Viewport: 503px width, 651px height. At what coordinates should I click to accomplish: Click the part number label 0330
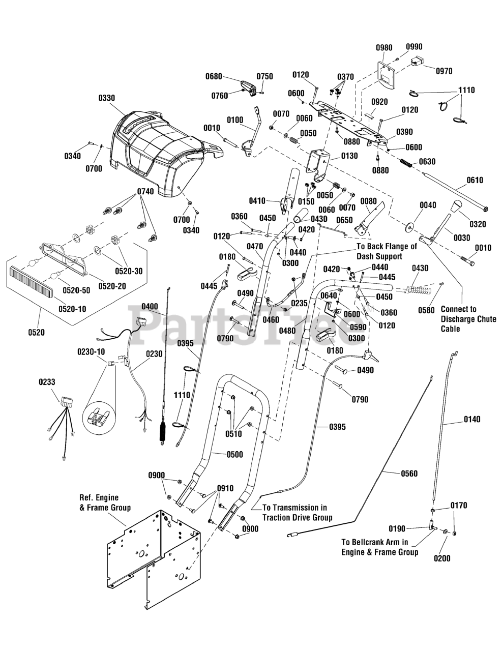tap(106, 98)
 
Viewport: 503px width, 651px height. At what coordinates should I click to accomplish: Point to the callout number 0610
tap(475, 180)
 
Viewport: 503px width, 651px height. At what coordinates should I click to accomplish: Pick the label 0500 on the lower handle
tap(234, 455)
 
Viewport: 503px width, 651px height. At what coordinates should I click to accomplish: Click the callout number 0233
tap(47, 382)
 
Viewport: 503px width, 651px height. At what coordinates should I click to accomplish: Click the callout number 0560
tap(409, 474)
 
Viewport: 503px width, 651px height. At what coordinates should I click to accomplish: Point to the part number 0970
tap(444, 71)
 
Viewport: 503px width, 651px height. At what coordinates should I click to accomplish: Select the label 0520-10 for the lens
tap(72, 309)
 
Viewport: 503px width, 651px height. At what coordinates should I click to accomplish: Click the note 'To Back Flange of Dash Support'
tap(387, 251)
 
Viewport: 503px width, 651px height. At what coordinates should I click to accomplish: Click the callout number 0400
tap(150, 306)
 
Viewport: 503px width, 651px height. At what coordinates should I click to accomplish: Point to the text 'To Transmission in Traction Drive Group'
tap(297, 513)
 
